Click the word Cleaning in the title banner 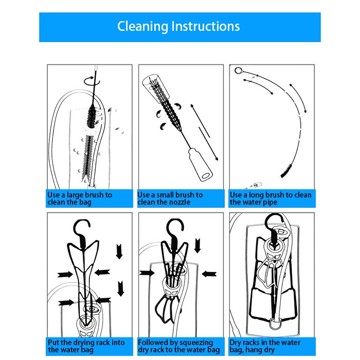click(x=142, y=26)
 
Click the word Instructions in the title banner click(x=206, y=26)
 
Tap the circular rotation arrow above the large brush click(x=92, y=81)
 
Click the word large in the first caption click(x=75, y=195)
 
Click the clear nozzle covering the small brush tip click(x=156, y=86)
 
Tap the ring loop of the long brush click(x=238, y=70)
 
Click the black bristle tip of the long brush click(x=286, y=171)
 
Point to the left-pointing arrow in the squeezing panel click(x=209, y=274)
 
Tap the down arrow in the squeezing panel click(x=197, y=246)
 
